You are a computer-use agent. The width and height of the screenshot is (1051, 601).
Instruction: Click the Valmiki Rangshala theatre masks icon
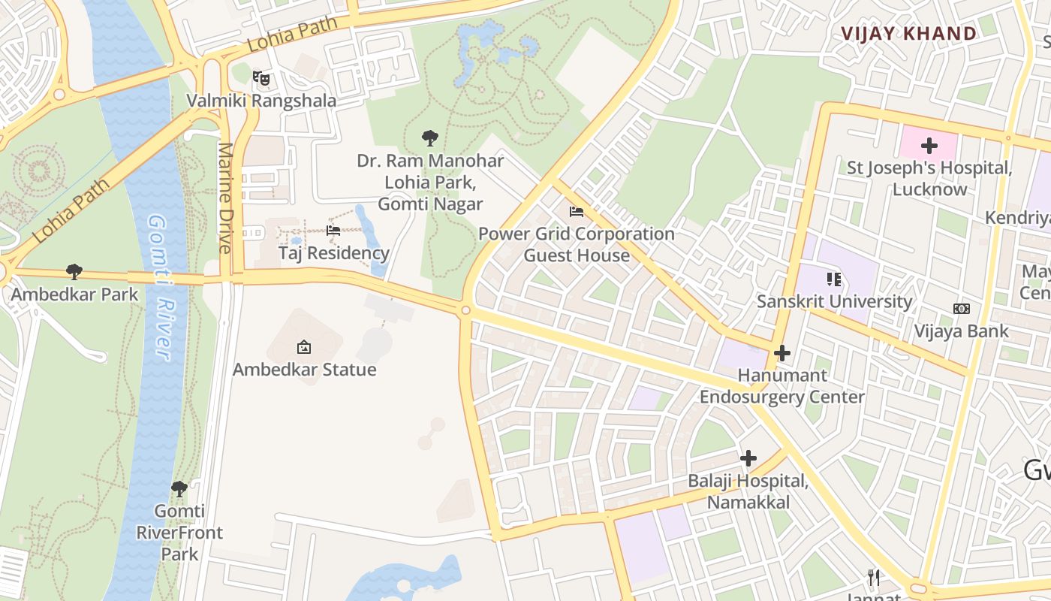[x=260, y=77]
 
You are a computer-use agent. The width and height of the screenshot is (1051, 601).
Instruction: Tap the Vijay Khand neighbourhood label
[x=908, y=34]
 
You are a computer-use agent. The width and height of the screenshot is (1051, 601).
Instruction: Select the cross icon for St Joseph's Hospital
[x=929, y=146]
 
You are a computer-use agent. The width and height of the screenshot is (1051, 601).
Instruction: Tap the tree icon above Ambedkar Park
[x=74, y=271]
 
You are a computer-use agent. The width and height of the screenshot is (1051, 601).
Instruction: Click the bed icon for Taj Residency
[x=333, y=231]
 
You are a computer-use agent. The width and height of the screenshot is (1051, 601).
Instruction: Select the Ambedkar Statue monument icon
[x=304, y=346]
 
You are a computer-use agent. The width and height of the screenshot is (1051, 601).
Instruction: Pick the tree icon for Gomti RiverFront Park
[x=179, y=489]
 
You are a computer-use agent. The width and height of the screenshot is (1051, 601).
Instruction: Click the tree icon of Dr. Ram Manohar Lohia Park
[x=430, y=137]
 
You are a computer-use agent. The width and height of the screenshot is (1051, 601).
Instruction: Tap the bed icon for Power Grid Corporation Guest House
[x=577, y=212]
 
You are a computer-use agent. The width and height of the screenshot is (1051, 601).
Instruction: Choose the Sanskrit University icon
[x=834, y=279]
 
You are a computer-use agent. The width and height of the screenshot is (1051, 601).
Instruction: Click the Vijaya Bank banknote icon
[x=961, y=309]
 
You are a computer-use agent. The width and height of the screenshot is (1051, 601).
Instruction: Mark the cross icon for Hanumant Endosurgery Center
[x=782, y=352]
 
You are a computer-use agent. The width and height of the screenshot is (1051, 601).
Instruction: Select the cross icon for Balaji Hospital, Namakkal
[x=748, y=458]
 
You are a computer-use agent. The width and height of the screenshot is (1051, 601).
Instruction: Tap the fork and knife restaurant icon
[x=873, y=577]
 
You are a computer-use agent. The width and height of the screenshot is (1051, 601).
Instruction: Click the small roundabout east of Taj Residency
[x=465, y=310]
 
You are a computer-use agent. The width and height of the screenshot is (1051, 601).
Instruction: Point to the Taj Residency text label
[x=334, y=253]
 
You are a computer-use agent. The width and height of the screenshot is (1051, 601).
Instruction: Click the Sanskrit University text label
[x=834, y=302]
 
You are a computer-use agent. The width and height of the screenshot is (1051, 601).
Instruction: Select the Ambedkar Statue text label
[x=304, y=369]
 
